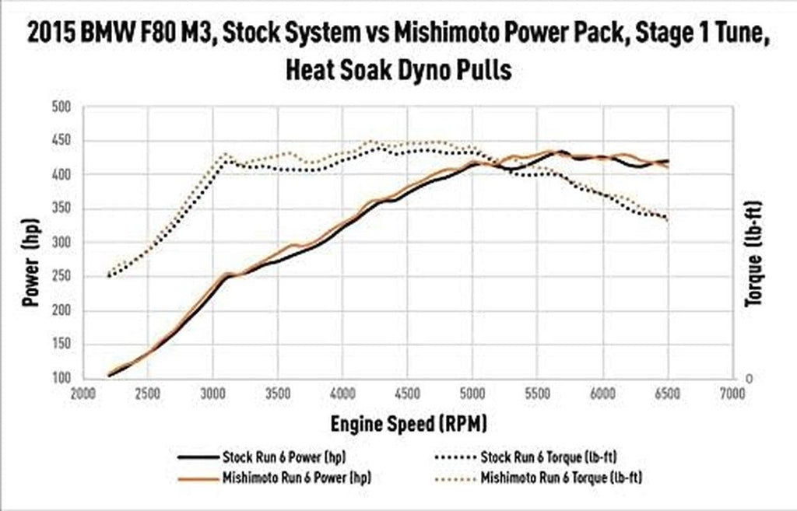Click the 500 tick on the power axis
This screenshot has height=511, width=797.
[61, 107]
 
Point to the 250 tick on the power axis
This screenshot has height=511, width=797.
[61, 277]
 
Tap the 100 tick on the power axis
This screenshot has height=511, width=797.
[61, 380]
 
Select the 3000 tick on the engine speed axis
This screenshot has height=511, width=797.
[212, 393]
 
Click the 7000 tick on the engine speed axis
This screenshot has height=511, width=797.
[732, 393]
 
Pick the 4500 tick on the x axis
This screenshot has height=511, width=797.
[408, 393]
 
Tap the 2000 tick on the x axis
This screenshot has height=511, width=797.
[83, 393]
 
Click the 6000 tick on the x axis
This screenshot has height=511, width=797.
[602, 393]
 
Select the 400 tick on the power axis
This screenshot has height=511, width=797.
[61, 175]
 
